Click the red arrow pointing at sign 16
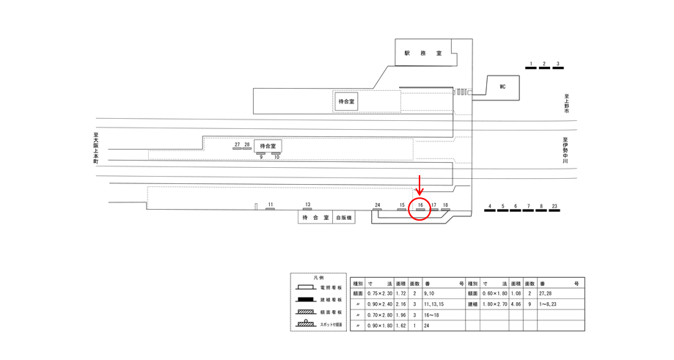pyautogui.click(x=420, y=185)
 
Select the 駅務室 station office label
pyautogui.click(x=423, y=54)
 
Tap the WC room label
pyautogui.click(x=502, y=87)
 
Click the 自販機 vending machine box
pyautogui.click(x=344, y=218)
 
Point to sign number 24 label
pyautogui.click(x=377, y=205)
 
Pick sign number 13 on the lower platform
pyautogui.click(x=307, y=205)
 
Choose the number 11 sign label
pyautogui.click(x=270, y=205)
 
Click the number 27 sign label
pyautogui.click(x=237, y=145)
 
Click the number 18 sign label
pyautogui.click(x=445, y=206)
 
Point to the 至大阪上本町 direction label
pyautogui.click(x=95, y=147)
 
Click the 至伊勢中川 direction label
pyautogui.click(x=565, y=150)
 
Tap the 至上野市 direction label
pyautogui.click(x=566, y=103)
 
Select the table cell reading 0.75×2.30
pyautogui.click(x=381, y=293)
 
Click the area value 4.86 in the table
pyautogui.click(x=516, y=304)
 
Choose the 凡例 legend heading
pyautogui.click(x=318, y=278)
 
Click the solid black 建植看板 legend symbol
pyautogui.click(x=306, y=300)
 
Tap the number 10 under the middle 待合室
pyautogui.click(x=276, y=157)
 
